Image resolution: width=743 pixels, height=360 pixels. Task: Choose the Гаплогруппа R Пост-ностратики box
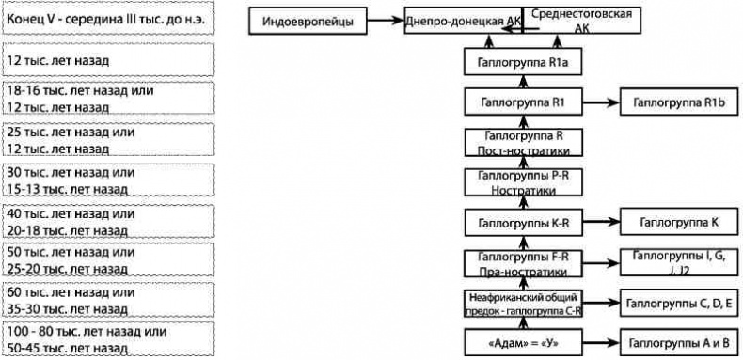[522, 142]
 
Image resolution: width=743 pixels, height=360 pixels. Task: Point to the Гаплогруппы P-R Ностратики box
[522, 181]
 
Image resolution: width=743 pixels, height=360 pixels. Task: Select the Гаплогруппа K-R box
[522, 222]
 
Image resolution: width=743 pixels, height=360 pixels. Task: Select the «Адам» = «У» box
[522, 342]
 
